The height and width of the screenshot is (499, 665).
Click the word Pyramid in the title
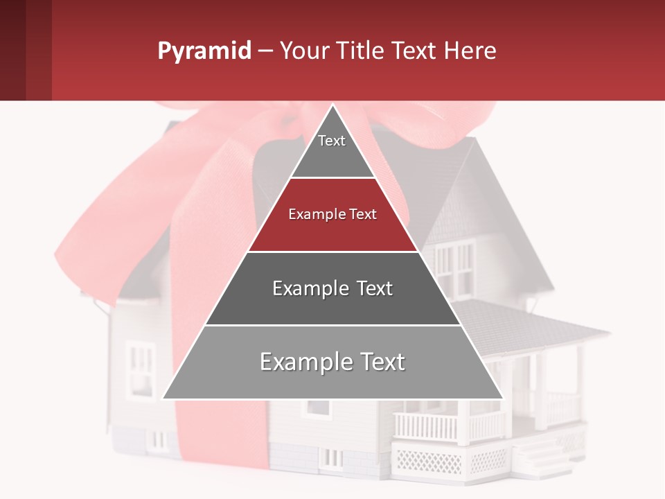204,51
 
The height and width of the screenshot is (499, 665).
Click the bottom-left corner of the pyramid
164,398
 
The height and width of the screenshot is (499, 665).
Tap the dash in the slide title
265,51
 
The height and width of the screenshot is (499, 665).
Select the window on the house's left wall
142,367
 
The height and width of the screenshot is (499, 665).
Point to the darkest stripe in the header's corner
12,50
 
